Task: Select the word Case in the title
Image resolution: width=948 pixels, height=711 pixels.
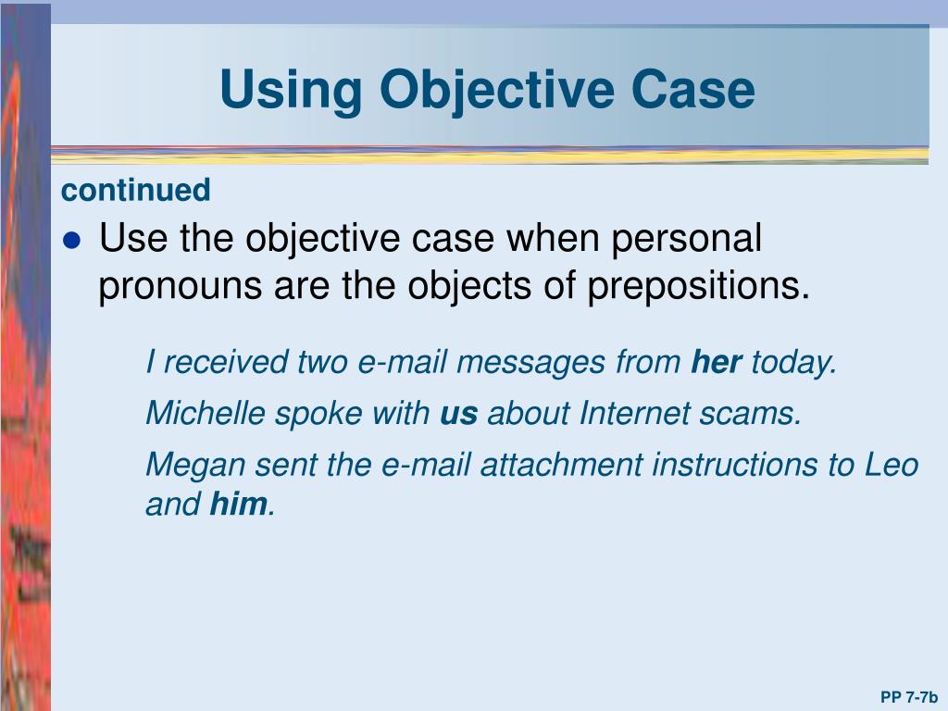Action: tap(693, 91)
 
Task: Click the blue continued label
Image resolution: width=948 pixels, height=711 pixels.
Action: tap(136, 191)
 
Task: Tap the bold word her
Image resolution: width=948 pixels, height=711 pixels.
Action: tap(717, 363)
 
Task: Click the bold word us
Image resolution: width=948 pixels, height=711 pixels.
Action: tap(458, 414)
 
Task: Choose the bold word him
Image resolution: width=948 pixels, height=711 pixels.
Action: tap(239, 505)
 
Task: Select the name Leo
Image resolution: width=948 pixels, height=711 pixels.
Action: tap(891, 465)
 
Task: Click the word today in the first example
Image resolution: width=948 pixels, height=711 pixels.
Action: tap(792, 363)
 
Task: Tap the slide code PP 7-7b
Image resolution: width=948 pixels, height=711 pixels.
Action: tap(909, 697)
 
